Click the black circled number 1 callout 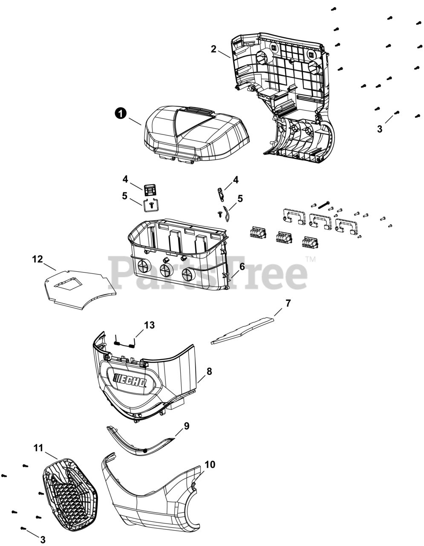point(121,113)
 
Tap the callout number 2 point(213,49)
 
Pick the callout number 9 point(187,426)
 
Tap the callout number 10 point(210,465)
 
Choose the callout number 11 point(38,448)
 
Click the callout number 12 point(37,259)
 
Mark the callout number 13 point(149,325)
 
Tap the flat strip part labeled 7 point(242,331)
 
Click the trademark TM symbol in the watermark point(311,259)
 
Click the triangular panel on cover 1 point(194,122)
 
